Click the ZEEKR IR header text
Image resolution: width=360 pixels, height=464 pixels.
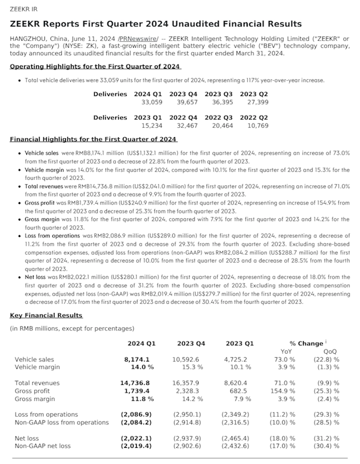pyautogui.click(x=23, y=8)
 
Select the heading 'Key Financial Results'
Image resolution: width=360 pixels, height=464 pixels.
pyautogui.click(x=46, y=315)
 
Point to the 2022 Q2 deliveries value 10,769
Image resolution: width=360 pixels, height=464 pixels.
pyautogui.click(x=254, y=126)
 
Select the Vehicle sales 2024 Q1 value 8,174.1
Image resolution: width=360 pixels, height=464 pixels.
pyautogui.click(x=145, y=360)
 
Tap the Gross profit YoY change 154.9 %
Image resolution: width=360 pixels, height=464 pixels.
pyautogui.click(x=285, y=390)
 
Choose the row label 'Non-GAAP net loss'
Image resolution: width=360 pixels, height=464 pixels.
pyautogui.click(x=43, y=446)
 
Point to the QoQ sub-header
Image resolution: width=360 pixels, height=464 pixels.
pyautogui.click(x=330, y=351)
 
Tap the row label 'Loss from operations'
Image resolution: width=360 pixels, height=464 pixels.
pyautogui.click(x=46, y=414)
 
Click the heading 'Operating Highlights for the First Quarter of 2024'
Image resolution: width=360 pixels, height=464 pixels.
pyautogui.click(x=95, y=67)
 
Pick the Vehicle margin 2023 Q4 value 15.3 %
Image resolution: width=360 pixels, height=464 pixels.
pyautogui.click(x=193, y=367)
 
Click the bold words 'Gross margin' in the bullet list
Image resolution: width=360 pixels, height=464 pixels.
pyautogui.click(x=41, y=219)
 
